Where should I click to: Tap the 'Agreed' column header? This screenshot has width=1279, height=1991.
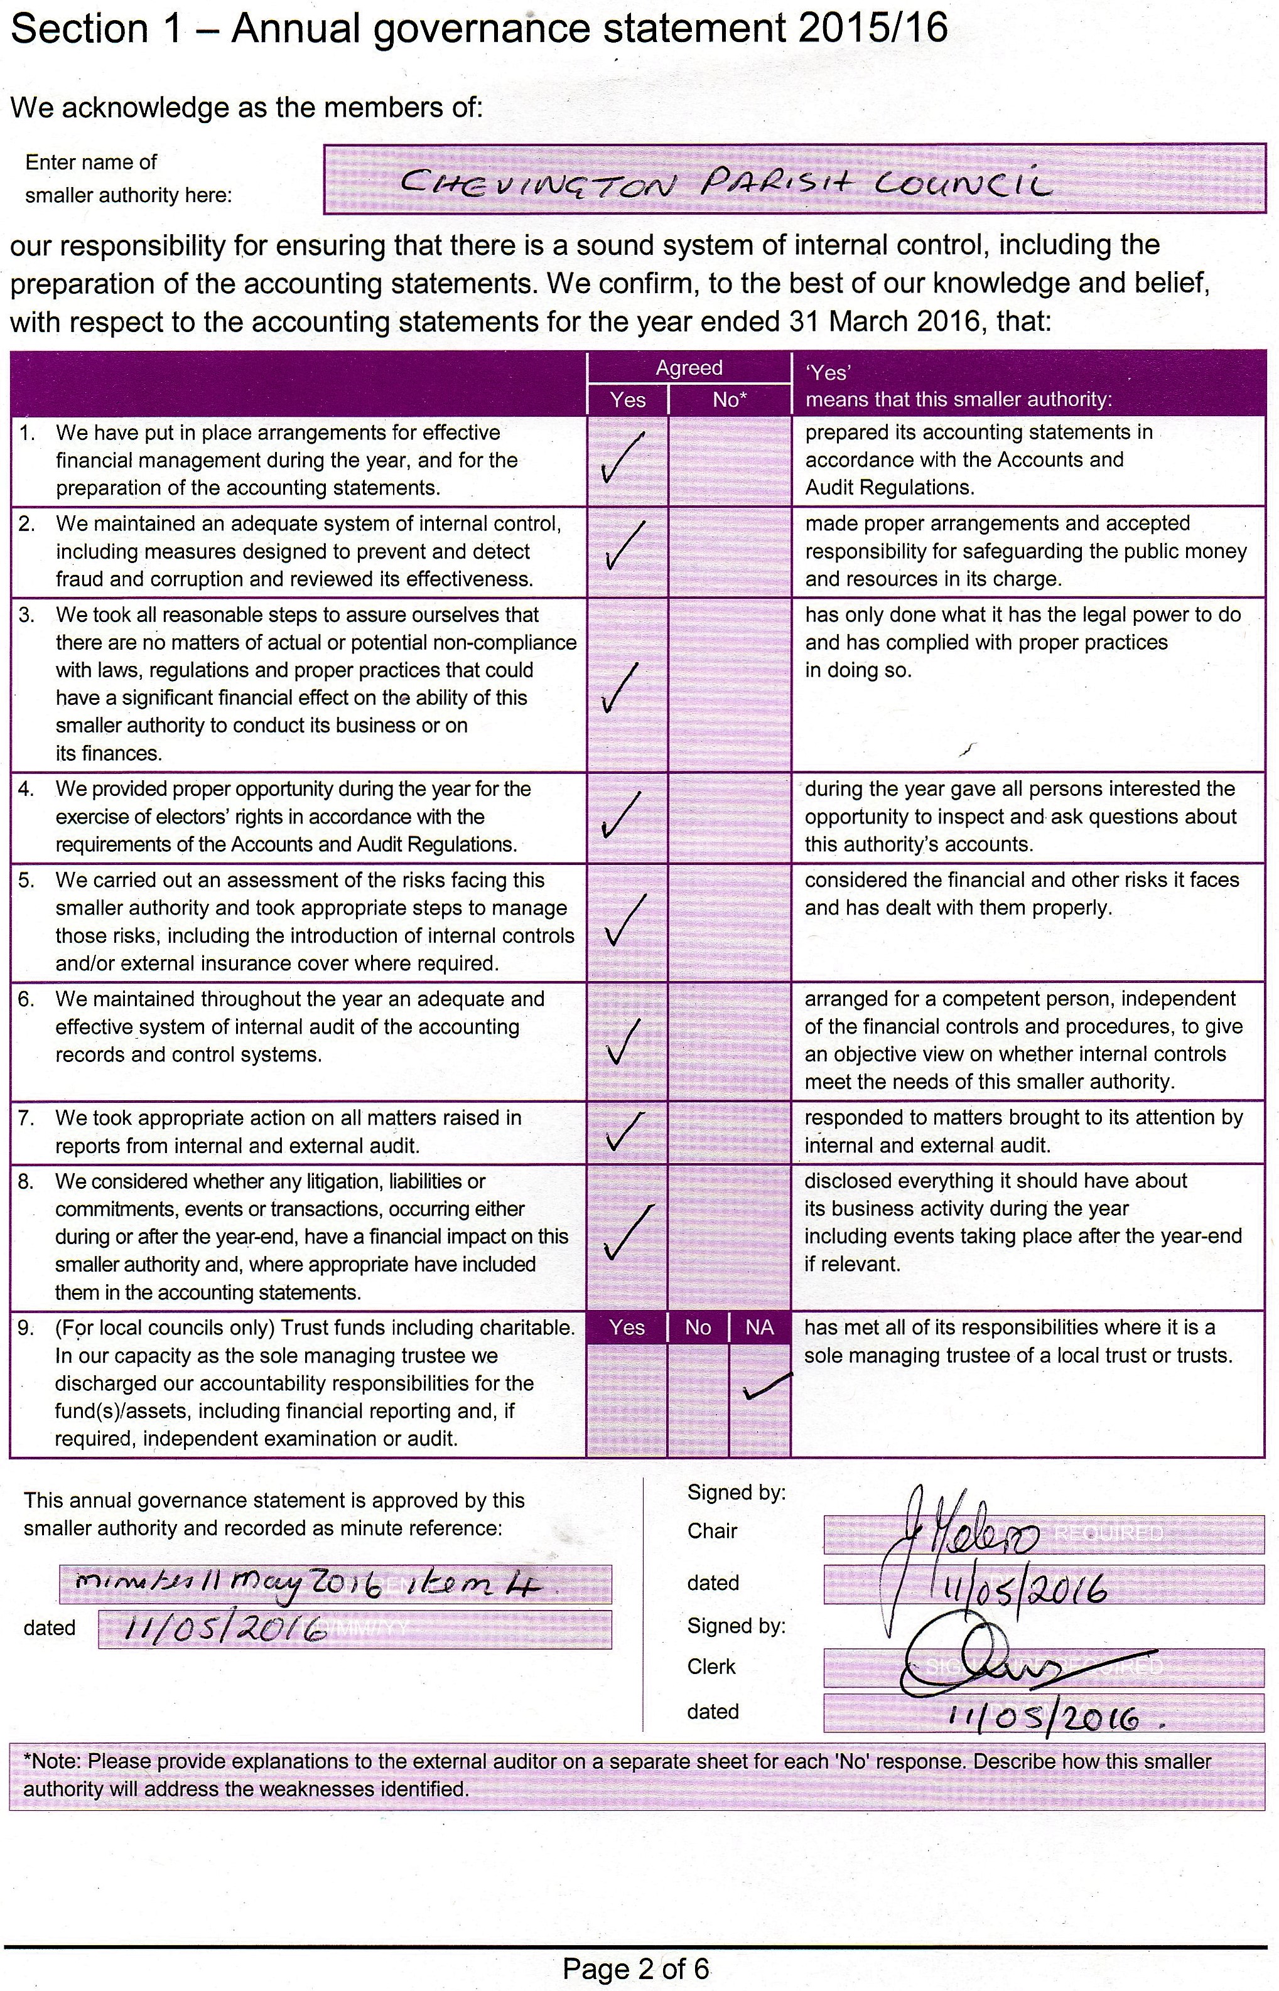point(689,368)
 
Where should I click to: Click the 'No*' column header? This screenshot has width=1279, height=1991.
point(729,399)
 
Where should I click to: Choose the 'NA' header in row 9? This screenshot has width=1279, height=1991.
point(759,1328)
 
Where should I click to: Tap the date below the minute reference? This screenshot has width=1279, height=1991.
point(224,1629)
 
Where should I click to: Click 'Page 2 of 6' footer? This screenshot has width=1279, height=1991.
point(635,1968)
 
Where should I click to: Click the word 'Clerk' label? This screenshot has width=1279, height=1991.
point(711,1666)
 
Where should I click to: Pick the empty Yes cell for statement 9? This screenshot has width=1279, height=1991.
point(627,1399)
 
